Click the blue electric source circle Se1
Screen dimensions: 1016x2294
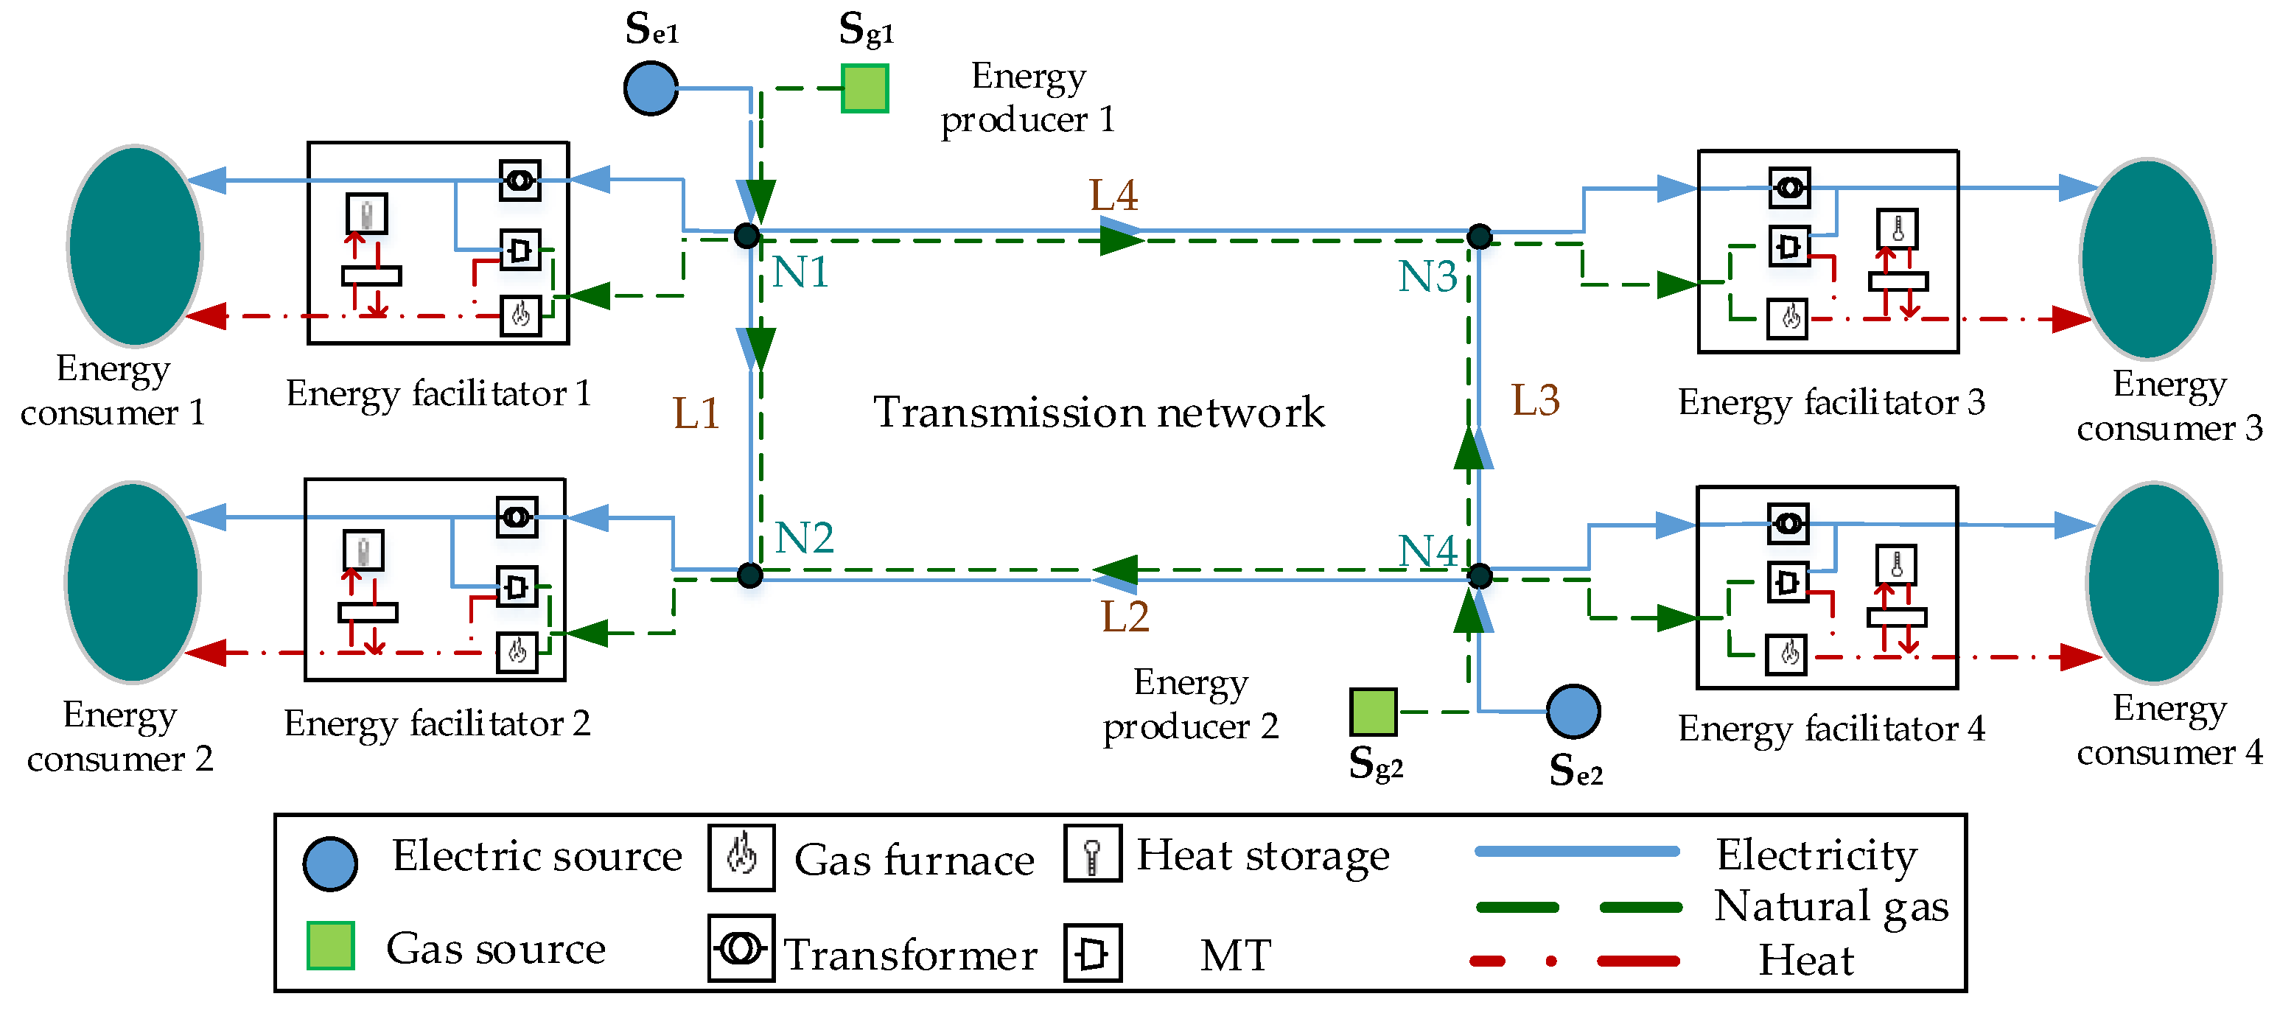(x=650, y=88)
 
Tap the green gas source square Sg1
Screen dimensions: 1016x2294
(x=864, y=88)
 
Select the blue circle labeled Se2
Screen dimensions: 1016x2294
(x=1573, y=712)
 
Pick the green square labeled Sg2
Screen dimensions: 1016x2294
(x=1372, y=712)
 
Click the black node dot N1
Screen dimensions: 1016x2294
(x=746, y=236)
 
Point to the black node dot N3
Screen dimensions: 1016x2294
(x=1479, y=236)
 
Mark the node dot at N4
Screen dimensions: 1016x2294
(x=1479, y=576)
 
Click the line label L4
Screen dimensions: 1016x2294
(x=1113, y=195)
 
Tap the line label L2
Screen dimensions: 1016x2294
(x=1125, y=616)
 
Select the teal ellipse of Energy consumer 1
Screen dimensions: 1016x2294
(x=134, y=246)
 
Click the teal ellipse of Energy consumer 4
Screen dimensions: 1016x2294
(x=2153, y=584)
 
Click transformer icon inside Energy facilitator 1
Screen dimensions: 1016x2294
(x=520, y=181)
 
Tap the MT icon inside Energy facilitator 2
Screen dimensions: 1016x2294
(x=517, y=586)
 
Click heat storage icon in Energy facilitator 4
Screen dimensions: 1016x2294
(x=1896, y=565)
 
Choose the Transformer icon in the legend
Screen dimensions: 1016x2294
(x=741, y=948)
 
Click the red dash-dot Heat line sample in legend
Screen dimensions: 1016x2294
(x=1575, y=961)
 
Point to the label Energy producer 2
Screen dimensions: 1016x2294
(x=1190, y=704)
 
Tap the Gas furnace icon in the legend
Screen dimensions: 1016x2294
(x=741, y=858)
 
